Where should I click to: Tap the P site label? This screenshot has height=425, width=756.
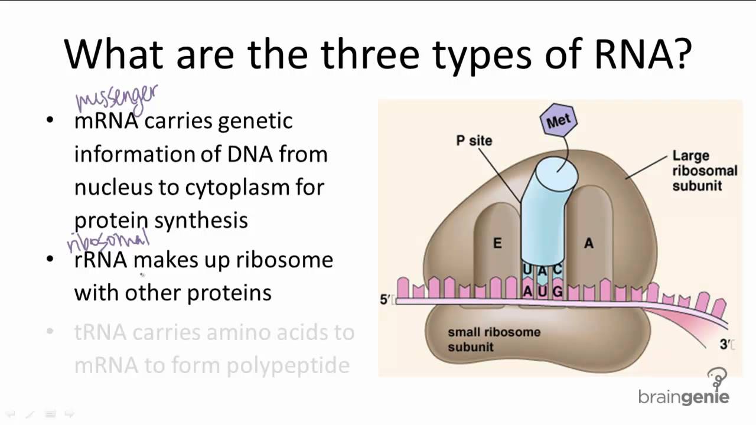[x=474, y=140]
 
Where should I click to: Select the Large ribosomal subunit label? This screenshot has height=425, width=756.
[x=705, y=171]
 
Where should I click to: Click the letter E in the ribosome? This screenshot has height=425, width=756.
[x=497, y=243]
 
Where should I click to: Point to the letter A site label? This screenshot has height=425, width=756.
[x=588, y=243]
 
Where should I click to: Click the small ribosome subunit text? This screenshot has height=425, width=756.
[x=494, y=339]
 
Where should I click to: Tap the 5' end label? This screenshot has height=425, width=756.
[x=384, y=300]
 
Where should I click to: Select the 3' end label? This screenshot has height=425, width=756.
[x=725, y=345]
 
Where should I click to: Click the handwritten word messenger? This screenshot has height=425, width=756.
[x=116, y=99]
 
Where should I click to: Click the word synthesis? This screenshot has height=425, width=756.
[x=201, y=221]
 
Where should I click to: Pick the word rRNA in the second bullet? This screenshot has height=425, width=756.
[x=100, y=260]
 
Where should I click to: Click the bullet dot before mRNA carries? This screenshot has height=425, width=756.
[x=50, y=120]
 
